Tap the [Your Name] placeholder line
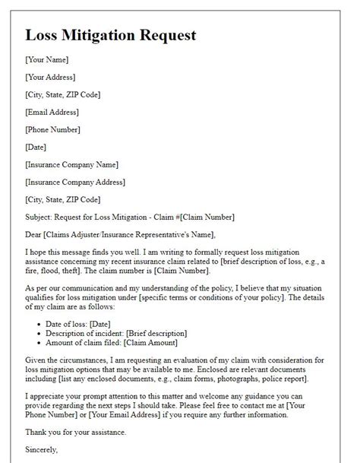(46, 59)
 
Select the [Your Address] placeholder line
(50, 76)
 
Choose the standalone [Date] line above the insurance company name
(35, 147)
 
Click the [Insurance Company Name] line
(71, 164)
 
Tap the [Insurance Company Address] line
(75, 182)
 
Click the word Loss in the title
(43, 35)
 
